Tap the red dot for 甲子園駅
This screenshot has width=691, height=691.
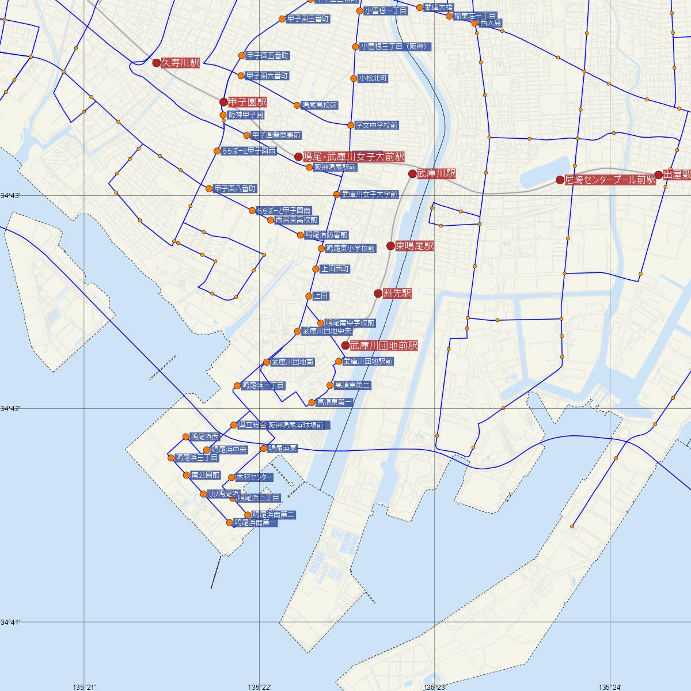pos(223,102)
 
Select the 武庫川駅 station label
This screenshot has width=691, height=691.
pos(436,173)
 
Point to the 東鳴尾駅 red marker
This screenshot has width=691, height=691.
pos(390,246)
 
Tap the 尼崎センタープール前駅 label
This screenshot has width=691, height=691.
pos(610,180)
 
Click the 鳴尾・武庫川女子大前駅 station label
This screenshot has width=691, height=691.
pos(354,157)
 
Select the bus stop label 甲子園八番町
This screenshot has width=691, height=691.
pos(235,188)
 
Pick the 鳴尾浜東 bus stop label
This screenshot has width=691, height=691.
pos(283,448)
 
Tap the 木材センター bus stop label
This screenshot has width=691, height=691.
pos(255,477)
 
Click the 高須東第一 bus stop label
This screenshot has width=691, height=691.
pos(335,402)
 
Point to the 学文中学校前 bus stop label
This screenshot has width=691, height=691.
pos(377,125)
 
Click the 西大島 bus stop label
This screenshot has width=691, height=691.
pos(491,23)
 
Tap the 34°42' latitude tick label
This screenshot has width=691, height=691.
pos(10,409)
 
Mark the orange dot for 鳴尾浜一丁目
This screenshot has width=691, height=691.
pos(237,386)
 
